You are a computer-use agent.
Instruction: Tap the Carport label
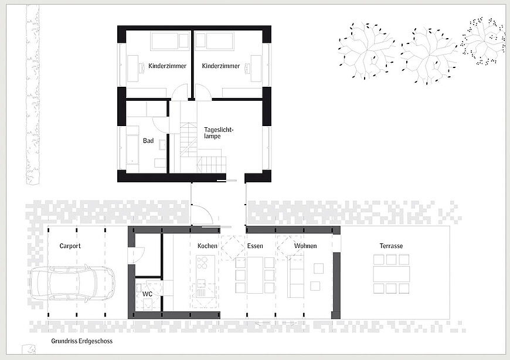[70, 246]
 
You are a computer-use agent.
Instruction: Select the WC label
[147, 294]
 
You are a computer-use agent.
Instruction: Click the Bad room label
[148, 141]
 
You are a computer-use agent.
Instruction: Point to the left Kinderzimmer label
[167, 66]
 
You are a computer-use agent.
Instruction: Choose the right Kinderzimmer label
[221, 66]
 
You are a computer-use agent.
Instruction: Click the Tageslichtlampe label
[219, 133]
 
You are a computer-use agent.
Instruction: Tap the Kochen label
[207, 246]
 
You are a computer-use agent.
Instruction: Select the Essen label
[255, 246]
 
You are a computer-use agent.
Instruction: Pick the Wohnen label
[305, 246]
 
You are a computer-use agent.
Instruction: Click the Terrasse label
[391, 246]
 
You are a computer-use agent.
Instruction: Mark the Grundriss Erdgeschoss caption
[81, 341]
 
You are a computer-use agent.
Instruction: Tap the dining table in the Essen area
[255, 276]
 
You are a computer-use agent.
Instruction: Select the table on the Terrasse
[391, 274]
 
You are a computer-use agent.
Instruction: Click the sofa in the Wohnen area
[296, 276]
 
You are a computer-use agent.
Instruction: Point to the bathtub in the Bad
[132, 150]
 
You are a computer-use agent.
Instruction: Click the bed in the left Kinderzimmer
[170, 41]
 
